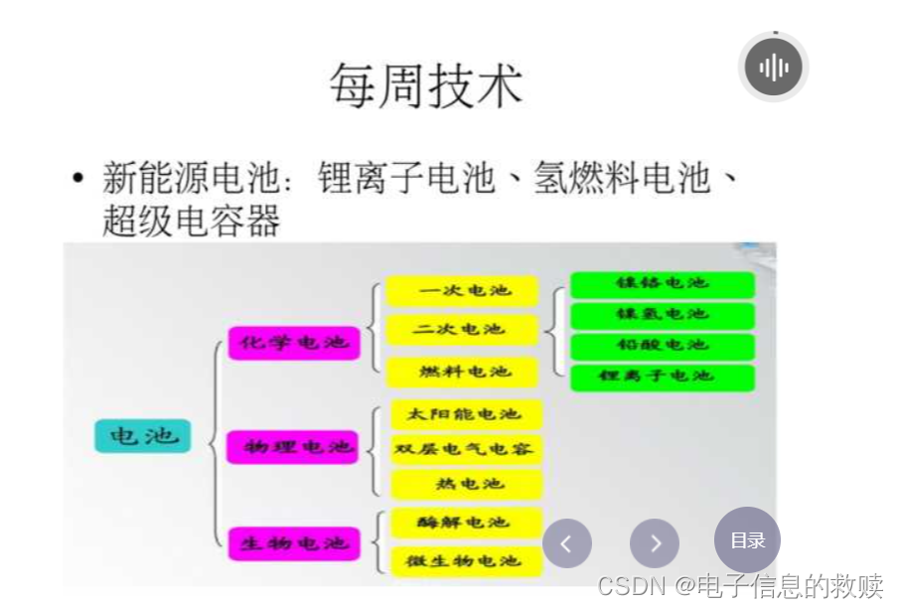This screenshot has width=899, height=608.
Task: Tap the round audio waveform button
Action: click(x=774, y=68)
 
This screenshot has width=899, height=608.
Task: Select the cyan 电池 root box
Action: click(x=142, y=436)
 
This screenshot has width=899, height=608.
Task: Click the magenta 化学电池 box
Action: click(x=293, y=343)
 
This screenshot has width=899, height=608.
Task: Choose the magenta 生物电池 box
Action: click(x=294, y=543)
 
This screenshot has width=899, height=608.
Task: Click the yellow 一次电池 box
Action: click(x=463, y=291)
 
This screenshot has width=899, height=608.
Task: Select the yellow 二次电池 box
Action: click(x=463, y=330)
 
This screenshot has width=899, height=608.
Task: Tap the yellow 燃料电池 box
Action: click(x=463, y=372)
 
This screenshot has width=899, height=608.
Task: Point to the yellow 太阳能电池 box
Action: click(x=465, y=413)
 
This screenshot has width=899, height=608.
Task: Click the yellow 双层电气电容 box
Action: click(x=465, y=449)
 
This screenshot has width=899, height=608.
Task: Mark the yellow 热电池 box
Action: click(x=465, y=484)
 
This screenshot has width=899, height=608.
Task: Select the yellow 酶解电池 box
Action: click(x=463, y=523)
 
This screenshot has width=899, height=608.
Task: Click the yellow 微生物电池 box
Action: click(x=465, y=561)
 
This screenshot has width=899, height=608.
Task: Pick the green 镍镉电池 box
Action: click(x=662, y=284)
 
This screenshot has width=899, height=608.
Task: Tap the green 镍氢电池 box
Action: click(x=662, y=315)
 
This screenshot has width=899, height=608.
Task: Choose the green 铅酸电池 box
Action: click(x=662, y=346)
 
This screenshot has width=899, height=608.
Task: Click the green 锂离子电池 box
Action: click(x=662, y=377)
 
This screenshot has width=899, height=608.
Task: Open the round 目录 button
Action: click(x=747, y=540)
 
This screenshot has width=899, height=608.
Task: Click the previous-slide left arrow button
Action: click(x=566, y=543)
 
